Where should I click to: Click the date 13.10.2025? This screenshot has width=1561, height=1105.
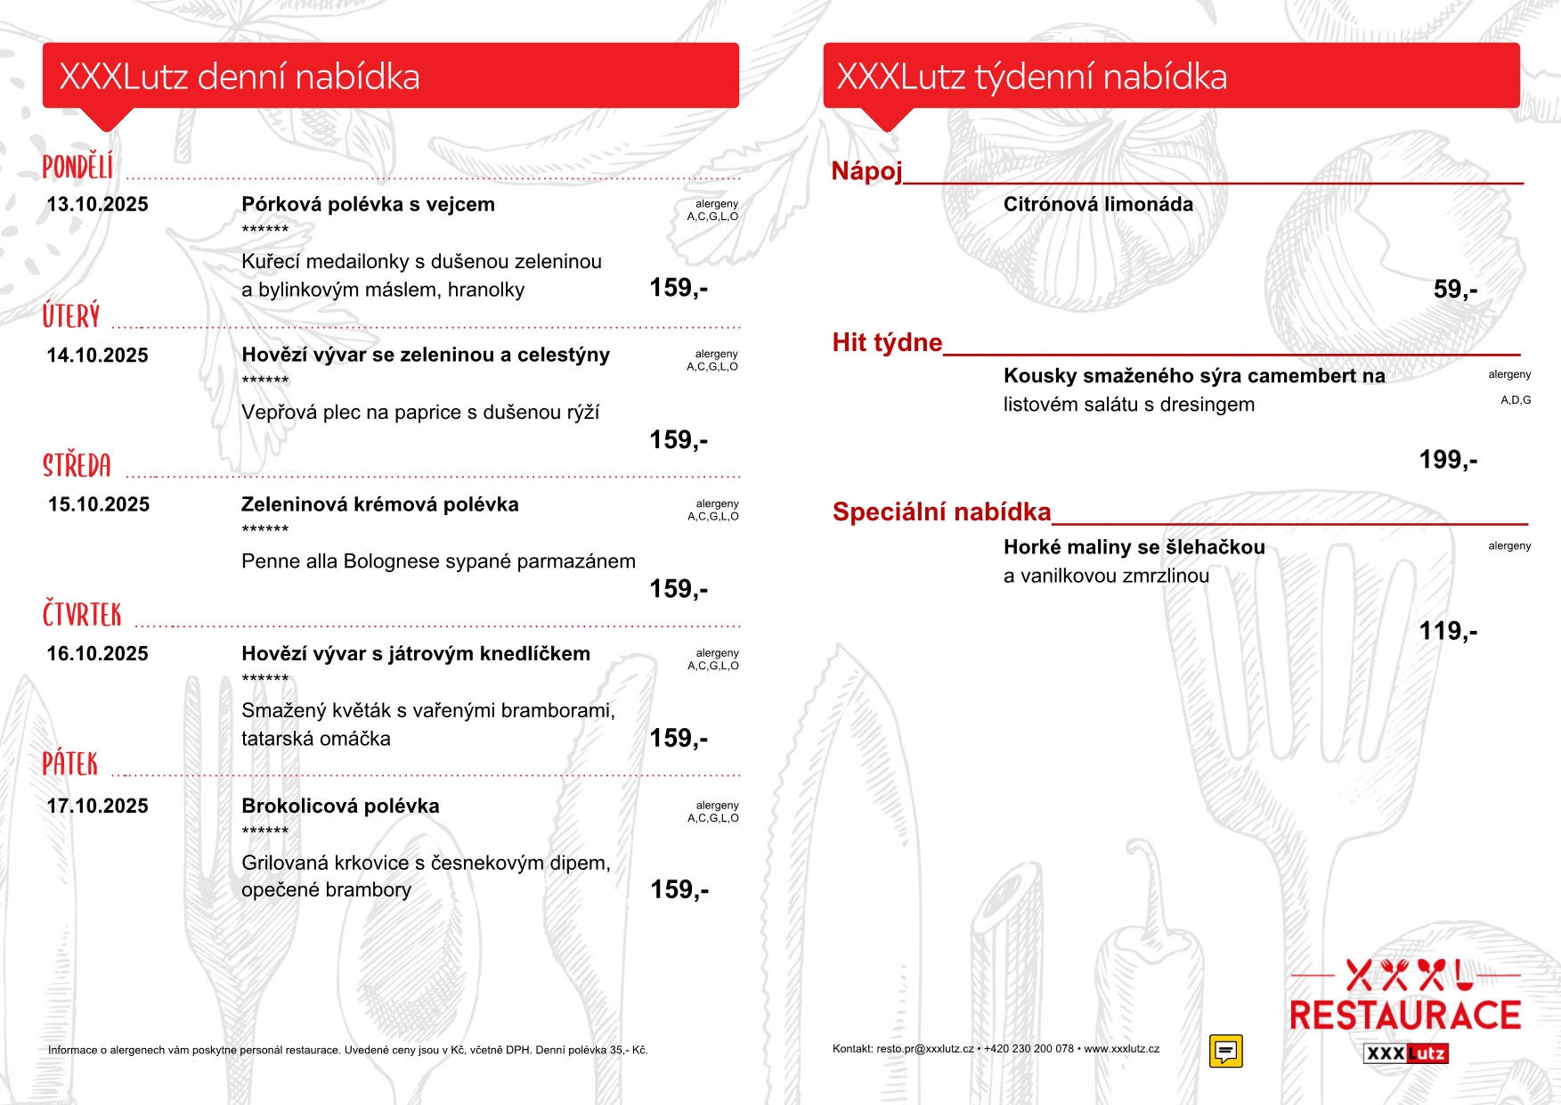(98, 205)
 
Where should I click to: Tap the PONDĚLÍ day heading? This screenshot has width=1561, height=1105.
(78, 167)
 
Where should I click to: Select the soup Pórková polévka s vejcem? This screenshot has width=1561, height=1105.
(368, 205)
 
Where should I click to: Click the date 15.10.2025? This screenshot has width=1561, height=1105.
(99, 505)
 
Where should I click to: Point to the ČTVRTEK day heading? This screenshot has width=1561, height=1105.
(82, 615)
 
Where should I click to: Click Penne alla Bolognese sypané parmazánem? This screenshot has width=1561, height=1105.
(438, 561)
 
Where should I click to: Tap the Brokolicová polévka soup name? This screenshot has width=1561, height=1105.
(340, 806)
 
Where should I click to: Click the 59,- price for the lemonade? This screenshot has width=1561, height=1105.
(1455, 290)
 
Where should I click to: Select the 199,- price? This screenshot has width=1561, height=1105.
(1448, 460)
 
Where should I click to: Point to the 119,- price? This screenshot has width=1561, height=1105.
(1448, 631)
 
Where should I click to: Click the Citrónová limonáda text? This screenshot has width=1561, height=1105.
(1098, 205)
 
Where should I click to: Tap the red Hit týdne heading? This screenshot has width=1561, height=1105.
(887, 343)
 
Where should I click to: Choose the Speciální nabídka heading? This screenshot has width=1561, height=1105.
(941, 512)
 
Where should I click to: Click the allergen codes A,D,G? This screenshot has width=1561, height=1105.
(1516, 401)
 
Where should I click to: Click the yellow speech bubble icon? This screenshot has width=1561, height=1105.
(1226, 1051)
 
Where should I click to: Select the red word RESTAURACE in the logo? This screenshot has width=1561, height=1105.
(1405, 1016)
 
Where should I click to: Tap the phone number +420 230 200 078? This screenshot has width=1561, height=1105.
(1028, 1049)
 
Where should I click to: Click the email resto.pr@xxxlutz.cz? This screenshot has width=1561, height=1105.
(925, 1049)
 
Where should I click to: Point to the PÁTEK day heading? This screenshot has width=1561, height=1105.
(70, 764)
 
